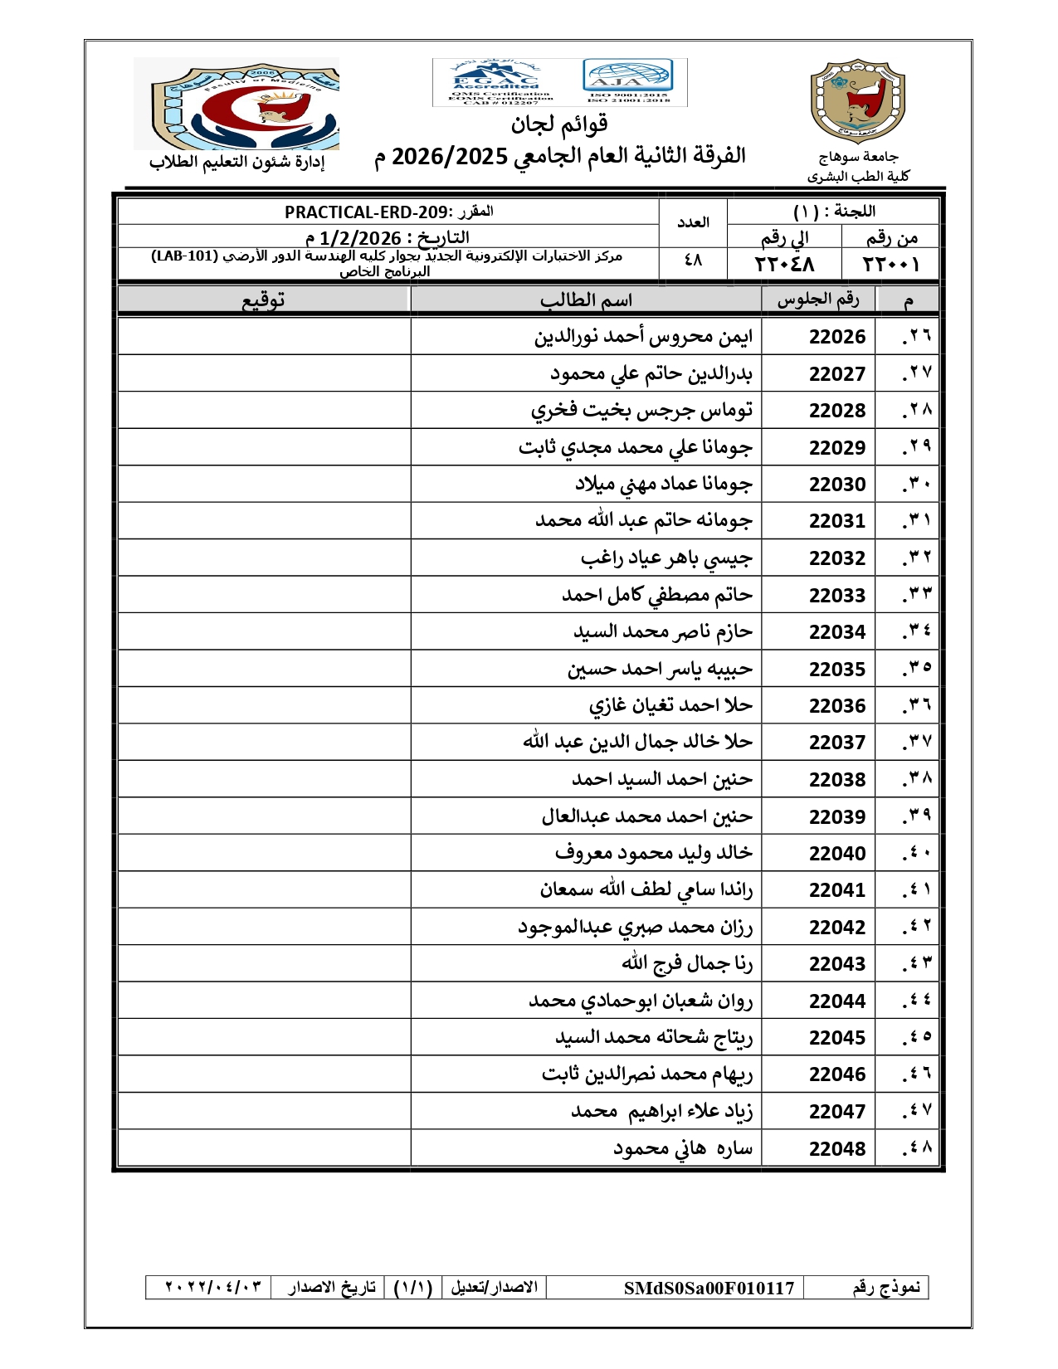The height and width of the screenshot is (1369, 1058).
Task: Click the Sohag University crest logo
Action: [x=857, y=101]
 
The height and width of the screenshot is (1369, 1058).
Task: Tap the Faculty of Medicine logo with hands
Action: [x=237, y=104]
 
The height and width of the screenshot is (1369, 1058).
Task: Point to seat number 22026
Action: [x=836, y=337]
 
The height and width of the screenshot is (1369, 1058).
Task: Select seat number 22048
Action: [x=836, y=1149]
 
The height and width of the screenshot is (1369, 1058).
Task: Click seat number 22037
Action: [x=836, y=743]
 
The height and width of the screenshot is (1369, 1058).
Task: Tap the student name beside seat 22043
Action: [x=687, y=963]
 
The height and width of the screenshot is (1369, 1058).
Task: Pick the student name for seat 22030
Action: [x=663, y=484]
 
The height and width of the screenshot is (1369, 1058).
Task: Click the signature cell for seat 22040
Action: [x=264, y=853]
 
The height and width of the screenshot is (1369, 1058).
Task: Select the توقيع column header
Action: [x=264, y=300]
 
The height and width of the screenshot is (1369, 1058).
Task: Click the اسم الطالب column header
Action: [x=586, y=300]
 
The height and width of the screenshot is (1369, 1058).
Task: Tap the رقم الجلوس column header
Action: [x=817, y=300]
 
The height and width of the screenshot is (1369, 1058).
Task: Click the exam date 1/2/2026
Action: [x=360, y=239]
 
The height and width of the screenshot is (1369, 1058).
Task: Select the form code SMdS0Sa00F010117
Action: [x=709, y=1288]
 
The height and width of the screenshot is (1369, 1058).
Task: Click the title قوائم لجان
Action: [x=559, y=124]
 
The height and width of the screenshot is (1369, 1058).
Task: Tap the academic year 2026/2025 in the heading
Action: [x=449, y=156]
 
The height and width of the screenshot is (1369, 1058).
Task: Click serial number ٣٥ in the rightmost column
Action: [x=918, y=668]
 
